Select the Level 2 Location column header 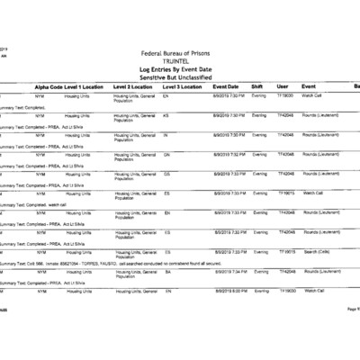tap(135, 86)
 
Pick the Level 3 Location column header tap(184, 86)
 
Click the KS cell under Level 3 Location tap(167, 115)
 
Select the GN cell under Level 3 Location tap(167, 154)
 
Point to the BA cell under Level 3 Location tap(167, 271)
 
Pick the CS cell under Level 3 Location tap(167, 251)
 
